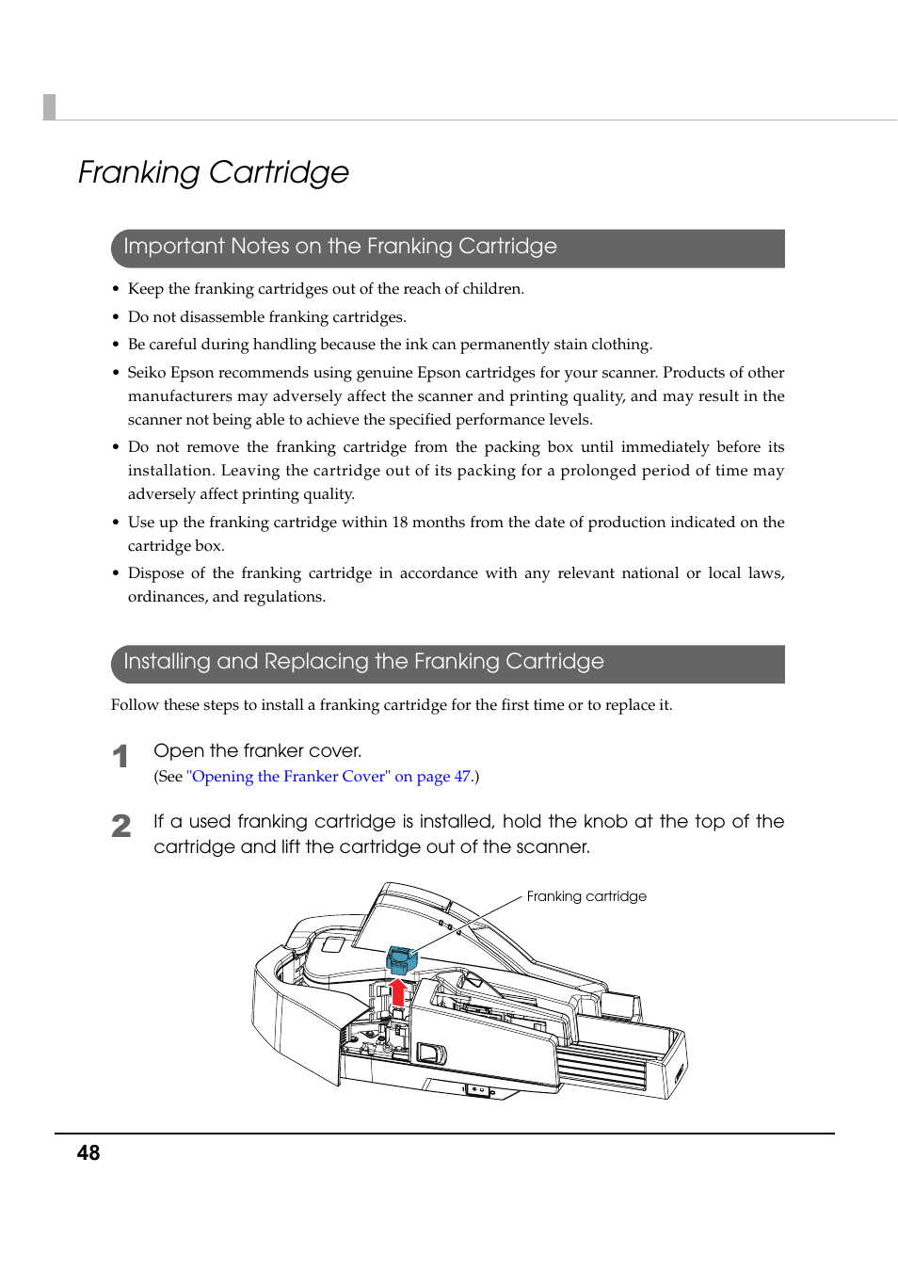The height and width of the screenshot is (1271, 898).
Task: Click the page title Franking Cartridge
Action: (214, 172)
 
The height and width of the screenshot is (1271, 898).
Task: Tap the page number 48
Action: (88, 1153)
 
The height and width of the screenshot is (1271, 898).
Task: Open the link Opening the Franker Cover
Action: (329, 777)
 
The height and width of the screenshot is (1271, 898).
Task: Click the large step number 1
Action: (120, 756)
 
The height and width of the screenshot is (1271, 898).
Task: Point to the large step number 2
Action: (121, 827)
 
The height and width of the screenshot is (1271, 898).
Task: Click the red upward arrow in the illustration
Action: (398, 992)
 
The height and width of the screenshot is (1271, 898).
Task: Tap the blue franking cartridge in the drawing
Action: (402, 959)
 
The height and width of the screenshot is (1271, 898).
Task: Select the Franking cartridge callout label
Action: (586, 896)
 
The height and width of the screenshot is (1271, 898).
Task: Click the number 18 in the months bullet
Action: (399, 523)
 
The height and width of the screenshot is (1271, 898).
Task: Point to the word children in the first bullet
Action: (491, 289)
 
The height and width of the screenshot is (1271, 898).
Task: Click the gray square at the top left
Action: (50, 107)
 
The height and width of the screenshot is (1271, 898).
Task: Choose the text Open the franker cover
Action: (257, 751)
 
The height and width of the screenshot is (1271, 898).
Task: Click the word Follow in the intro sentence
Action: (135, 705)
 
